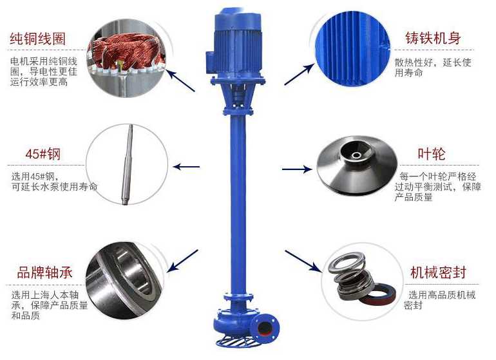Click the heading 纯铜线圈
coord(37,39)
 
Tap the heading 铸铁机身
coord(433,38)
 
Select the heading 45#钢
coord(43,154)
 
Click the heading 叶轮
coord(432,154)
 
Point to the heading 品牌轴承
coord(45,272)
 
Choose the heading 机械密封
coord(439,272)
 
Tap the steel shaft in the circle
coord(128,164)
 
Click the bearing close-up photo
coord(125,280)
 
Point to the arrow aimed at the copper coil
coord(181,81)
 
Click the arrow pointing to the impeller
coord(297,169)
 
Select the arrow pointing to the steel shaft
coord(187,166)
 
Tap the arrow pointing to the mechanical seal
coord(303,261)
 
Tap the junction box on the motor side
coord(211,62)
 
